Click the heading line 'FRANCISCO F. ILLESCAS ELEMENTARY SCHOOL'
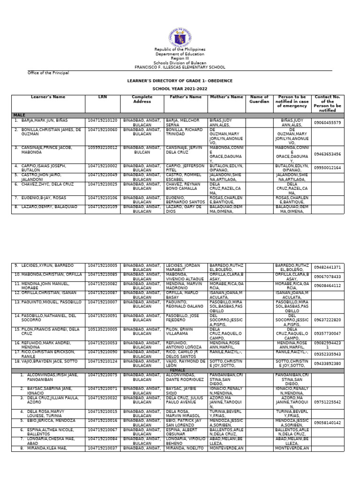[180, 67]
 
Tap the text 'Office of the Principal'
[48, 73]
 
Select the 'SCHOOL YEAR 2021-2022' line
[180, 88]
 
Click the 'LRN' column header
[102, 97]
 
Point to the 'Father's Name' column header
[186, 97]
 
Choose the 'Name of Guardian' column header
[259, 99]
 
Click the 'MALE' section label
[19, 115]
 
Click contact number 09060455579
[328, 122]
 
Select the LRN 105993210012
[102, 148]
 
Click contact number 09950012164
[328, 167]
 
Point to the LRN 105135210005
[102, 330]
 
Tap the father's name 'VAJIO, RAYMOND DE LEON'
[186, 363]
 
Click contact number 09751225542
[328, 402]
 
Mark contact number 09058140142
[328, 422]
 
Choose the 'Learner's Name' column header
[48, 97]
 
